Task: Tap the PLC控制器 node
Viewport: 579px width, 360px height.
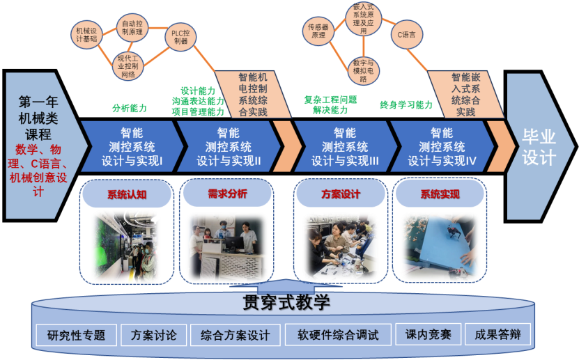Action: click(x=180, y=36)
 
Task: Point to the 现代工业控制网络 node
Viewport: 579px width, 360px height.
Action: click(x=128, y=65)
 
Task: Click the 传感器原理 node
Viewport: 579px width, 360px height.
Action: click(x=318, y=30)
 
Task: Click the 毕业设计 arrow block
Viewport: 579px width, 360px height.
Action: click(x=539, y=147)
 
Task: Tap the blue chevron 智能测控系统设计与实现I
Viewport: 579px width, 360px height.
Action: click(x=132, y=146)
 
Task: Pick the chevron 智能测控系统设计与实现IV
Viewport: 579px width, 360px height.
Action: click(x=441, y=146)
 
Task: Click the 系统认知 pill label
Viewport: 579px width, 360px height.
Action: click(x=127, y=194)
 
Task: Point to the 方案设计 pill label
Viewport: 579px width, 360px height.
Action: click(x=341, y=194)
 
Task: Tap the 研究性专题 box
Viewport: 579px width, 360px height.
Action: click(x=77, y=335)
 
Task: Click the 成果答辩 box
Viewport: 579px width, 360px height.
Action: click(x=497, y=334)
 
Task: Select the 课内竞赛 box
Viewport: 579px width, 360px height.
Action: click(x=428, y=334)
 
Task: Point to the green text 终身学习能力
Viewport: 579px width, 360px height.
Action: click(x=406, y=105)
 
